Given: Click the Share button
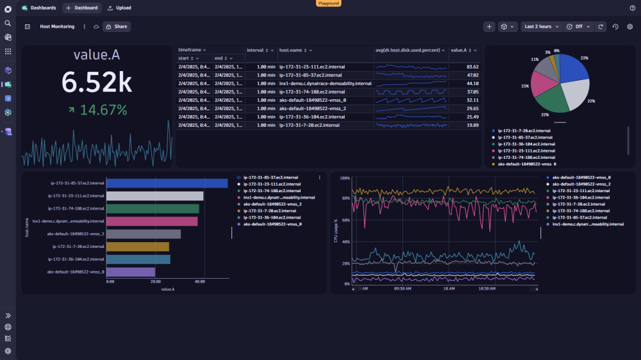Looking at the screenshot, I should [x=116, y=27].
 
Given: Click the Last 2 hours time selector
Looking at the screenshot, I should [x=537, y=27].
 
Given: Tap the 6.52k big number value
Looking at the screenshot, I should [x=96, y=82].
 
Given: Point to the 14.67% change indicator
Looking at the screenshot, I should [x=97, y=110].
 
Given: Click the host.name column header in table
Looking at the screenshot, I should [x=290, y=50].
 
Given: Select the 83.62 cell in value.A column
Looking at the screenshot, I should [x=472, y=67].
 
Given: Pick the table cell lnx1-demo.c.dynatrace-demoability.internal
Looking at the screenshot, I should [x=325, y=83].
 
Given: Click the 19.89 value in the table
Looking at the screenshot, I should [x=472, y=125].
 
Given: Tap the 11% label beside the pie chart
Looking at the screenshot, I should [x=535, y=59].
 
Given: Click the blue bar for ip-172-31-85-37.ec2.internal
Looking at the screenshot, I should [x=167, y=183].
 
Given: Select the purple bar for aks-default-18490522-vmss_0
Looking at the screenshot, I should [x=131, y=272].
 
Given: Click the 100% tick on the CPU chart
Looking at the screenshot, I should [x=344, y=177].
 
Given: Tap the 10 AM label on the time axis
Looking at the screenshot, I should [x=449, y=289].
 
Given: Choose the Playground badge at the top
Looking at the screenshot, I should [x=329, y=3].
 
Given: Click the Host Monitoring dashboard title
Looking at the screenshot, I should [x=57, y=27].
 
